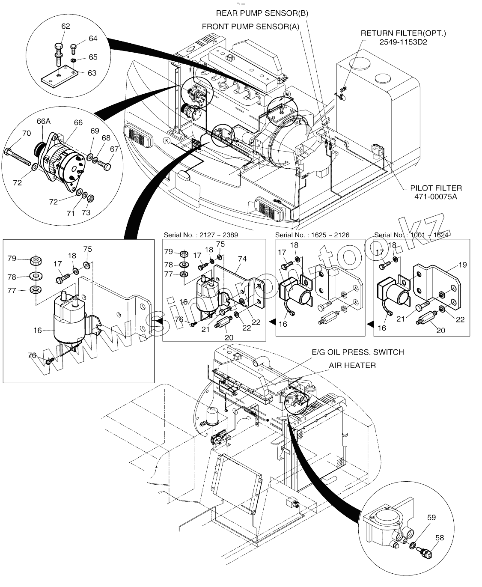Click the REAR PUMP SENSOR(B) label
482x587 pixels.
(262, 13)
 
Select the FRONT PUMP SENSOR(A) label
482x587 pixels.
(250, 27)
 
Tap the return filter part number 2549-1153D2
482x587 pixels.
(403, 42)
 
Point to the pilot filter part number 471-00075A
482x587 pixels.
(435, 197)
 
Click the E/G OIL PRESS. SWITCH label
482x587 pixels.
(357, 352)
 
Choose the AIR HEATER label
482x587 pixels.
(352, 365)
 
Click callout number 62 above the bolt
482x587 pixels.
(65, 26)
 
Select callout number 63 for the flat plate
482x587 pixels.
(92, 73)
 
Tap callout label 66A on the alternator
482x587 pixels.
(44, 121)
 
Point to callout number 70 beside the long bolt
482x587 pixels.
(27, 133)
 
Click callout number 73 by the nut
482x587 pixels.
(86, 212)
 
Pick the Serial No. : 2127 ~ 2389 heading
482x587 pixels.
(201, 235)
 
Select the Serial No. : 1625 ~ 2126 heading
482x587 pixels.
(312, 235)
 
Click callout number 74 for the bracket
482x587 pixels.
(242, 259)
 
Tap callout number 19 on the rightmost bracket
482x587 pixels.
(462, 265)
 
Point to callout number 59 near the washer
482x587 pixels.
(431, 517)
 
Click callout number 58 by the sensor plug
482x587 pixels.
(440, 538)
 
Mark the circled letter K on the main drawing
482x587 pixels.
(167, 140)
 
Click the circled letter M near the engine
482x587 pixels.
(287, 94)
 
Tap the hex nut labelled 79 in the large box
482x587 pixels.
(36, 261)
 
